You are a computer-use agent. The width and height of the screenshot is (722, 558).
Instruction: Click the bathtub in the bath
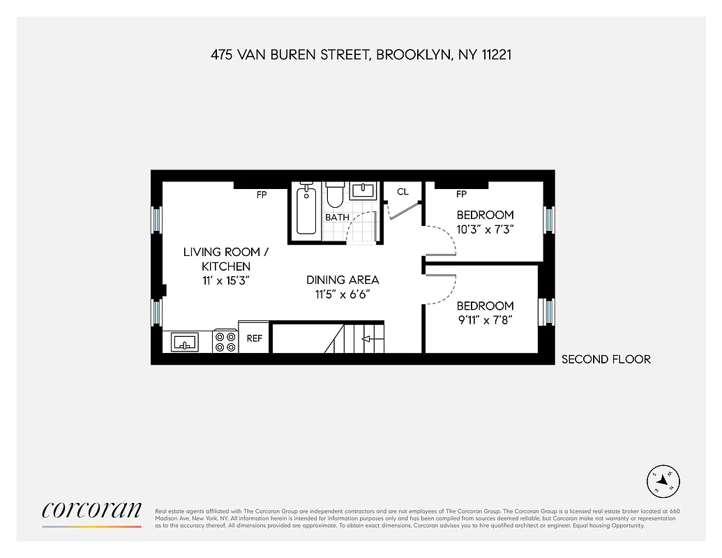pyautogui.click(x=306, y=209)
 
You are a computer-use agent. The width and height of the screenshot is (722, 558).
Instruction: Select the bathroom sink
pyautogui.click(x=363, y=190)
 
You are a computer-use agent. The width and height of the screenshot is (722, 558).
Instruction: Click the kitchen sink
pyautogui.click(x=185, y=342)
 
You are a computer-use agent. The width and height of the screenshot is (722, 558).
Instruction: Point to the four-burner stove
pyautogui.click(x=225, y=341)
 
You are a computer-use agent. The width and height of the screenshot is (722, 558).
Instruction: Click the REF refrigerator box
pyautogui.click(x=254, y=338)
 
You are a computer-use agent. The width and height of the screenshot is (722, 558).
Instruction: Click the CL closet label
pyautogui.click(x=403, y=192)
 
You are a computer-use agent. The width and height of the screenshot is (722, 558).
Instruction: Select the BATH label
pyautogui.click(x=337, y=218)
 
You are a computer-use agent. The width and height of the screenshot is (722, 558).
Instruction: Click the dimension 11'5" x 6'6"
pyautogui.click(x=343, y=294)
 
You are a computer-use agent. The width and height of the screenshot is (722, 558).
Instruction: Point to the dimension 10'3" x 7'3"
pyautogui.click(x=485, y=229)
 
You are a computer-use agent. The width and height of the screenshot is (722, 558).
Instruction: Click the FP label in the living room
pyautogui.click(x=262, y=195)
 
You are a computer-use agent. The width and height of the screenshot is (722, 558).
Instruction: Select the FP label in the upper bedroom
pyautogui.click(x=461, y=194)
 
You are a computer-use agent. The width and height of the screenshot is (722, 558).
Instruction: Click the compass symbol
pyautogui.click(x=663, y=481)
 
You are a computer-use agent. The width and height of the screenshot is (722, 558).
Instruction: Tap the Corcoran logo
pyautogui.click(x=91, y=511)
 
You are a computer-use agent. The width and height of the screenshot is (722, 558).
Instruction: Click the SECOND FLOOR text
pyautogui.click(x=606, y=359)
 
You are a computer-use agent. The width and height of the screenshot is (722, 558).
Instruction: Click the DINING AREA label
pyautogui.click(x=343, y=280)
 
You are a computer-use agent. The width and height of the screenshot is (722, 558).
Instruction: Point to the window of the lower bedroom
pyautogui.click(x=549, y=311)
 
